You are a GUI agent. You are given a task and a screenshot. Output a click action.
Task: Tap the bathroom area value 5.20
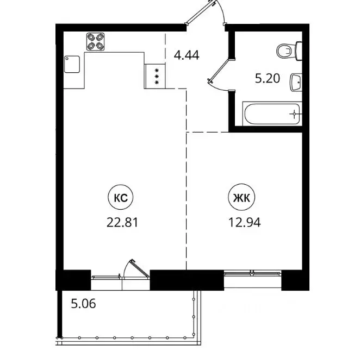tap(268, 79)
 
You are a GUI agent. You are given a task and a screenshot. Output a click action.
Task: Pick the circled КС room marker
tap(121, 199)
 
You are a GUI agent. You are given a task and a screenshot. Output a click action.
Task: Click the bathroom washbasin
tap(295, 83)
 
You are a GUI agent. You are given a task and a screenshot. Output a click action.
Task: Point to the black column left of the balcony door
tap(73, 279)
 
